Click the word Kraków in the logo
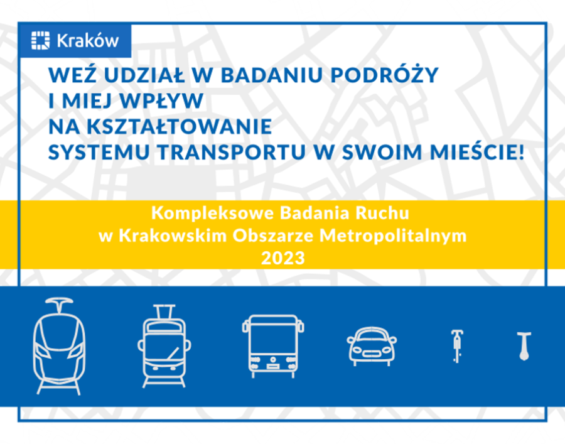[x=87, y=41]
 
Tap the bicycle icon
[x=458, y=346]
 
